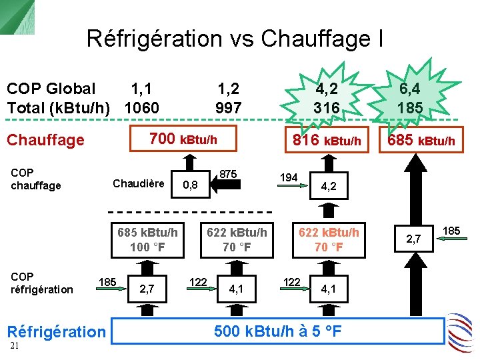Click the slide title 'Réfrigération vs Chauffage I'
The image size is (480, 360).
[235, 39]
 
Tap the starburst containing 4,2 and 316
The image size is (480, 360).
[327, 98]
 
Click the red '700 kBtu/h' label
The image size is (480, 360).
[183, 139]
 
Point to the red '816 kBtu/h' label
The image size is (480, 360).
[327, 140]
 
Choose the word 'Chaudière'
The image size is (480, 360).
[139, 183]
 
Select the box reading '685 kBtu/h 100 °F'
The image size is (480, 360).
[147, 240]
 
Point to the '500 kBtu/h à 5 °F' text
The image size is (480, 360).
[277, 331]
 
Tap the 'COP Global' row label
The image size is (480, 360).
[51, 89]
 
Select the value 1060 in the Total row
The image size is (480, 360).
[141, 107]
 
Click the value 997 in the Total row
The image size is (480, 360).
[228, 107]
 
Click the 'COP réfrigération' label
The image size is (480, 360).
[42, 283]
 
